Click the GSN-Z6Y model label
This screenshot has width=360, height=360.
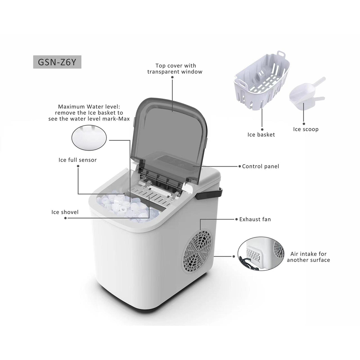(57, 62)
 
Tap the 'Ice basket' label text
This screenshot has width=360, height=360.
(261, 135)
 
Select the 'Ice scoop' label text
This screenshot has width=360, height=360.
(306, 129)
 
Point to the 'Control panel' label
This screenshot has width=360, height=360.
(261, 166)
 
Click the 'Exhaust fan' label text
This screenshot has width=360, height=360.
(255, 219)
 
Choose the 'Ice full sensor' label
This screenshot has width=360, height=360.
(78, 160)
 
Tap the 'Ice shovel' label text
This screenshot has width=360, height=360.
(65, 212)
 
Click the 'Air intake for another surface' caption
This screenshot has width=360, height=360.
(308, 257)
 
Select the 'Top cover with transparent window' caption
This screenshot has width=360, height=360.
(175, 69)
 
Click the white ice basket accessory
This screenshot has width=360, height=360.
(262, 80)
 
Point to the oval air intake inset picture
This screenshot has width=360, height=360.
(261, 254)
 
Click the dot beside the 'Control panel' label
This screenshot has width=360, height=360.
(240, 166)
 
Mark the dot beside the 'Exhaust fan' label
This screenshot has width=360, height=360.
(236, 219)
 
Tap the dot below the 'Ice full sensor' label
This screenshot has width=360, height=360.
(78, 166)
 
